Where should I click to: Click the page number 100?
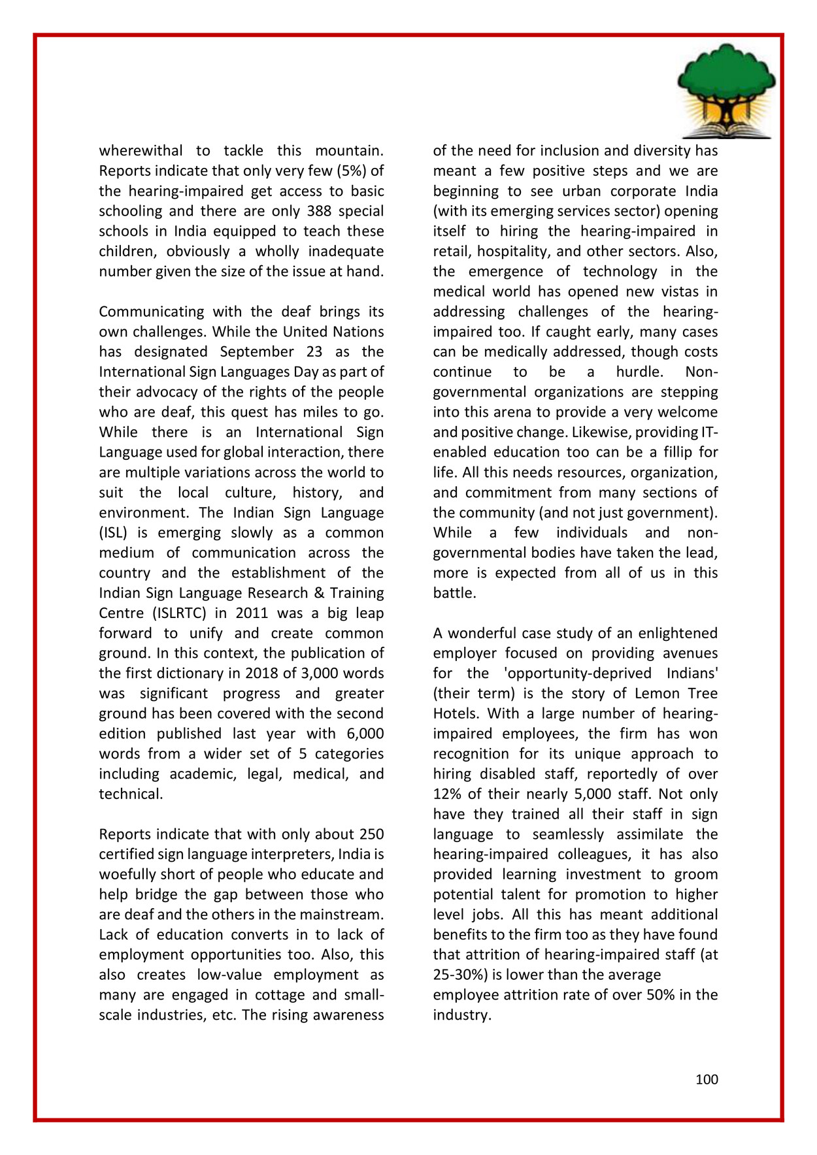click(x=706, y=1079)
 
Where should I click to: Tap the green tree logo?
click(x=726, y=75)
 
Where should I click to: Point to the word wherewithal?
click(x=141, y=151)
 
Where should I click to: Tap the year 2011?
click(x=252, y=613)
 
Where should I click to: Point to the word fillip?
click(x=678, y=453)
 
